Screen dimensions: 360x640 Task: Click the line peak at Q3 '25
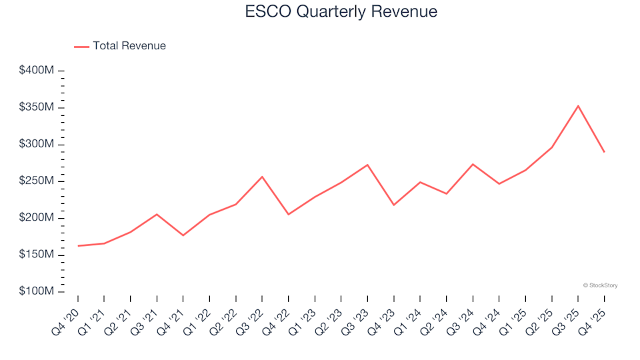(578, 105)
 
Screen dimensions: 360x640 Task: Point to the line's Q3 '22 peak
(262, 177)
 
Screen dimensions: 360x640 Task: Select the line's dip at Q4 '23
(393, 205)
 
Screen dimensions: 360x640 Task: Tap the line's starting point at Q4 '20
(78, 246)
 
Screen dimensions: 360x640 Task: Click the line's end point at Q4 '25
(604, 152)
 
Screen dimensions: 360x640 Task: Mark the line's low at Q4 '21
(183, 235)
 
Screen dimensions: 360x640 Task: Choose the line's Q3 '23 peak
(367, 165)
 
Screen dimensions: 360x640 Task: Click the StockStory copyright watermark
(600, 285)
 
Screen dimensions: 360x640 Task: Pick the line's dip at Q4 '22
(288, 214)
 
